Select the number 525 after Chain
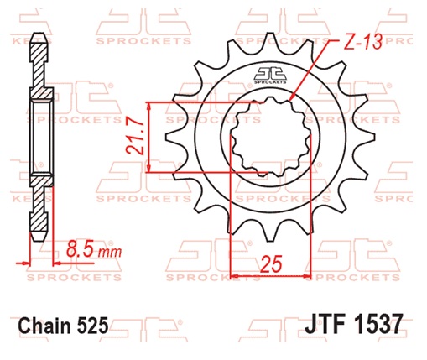click(94, 325)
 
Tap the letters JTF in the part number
click(321, 324)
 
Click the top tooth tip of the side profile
click(39, 38)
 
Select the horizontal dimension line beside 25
click(270, 275)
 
